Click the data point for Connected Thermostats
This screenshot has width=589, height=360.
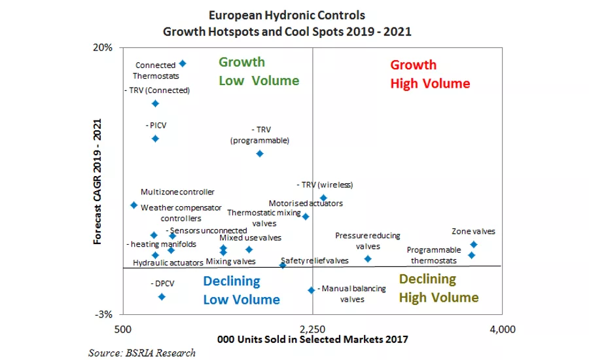(183, 63)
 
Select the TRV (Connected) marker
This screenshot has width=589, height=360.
(155, 103)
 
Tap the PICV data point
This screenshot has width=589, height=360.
(155, 138)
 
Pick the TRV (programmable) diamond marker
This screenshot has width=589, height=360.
(259, 153)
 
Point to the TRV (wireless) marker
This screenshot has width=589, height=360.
(323, 198)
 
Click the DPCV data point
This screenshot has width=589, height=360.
(162, 297)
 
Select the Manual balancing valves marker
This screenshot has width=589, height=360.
(311, 290)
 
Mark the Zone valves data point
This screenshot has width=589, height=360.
(474, 245)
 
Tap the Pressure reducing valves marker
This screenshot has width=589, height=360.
(368, 259)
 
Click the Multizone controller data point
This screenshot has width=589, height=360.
(134, 205)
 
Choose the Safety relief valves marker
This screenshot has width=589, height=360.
(283, 265)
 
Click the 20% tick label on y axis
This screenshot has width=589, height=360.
(105, 48)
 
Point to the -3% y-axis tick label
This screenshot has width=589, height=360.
(105, 315)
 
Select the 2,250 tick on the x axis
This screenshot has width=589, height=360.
(313, 328)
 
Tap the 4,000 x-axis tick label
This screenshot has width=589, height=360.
(502, 328)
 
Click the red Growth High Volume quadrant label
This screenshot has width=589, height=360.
(430, 75)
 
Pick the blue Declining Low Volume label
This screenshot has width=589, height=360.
(241, 290)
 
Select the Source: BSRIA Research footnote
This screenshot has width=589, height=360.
(142, 353)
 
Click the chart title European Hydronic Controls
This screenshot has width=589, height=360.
(287, 14)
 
